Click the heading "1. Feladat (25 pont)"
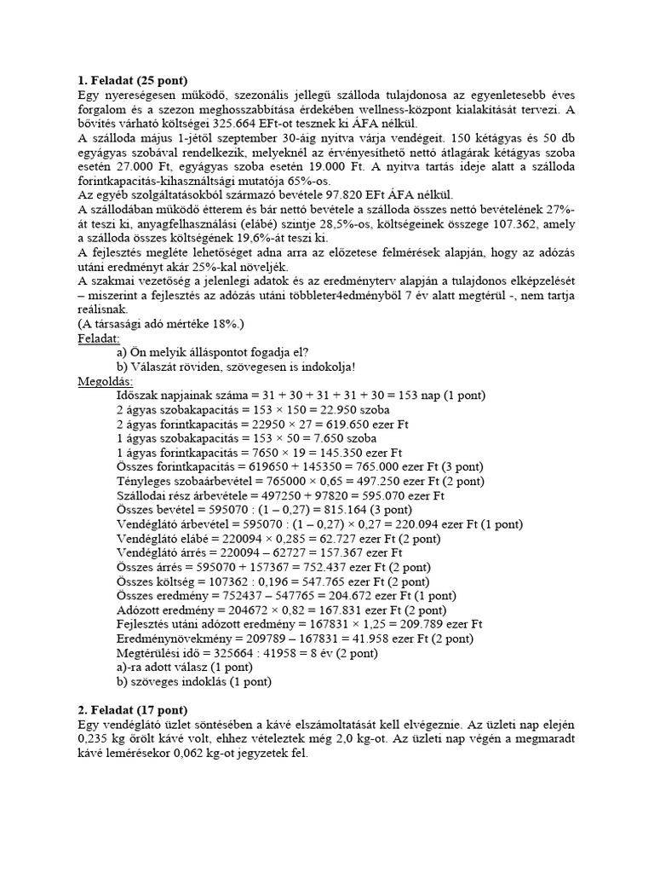coord(132,81)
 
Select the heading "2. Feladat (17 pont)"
coord(132,709)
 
